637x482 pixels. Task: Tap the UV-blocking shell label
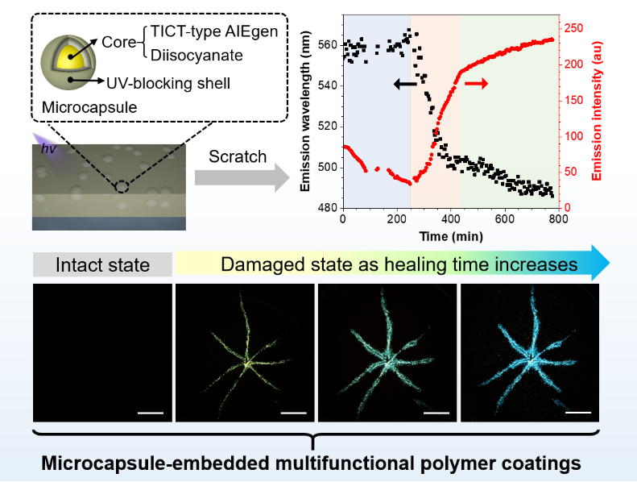[x=168, y=82]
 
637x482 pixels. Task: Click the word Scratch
[x=238, y=156]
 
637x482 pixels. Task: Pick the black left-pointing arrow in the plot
[x=405, y=83]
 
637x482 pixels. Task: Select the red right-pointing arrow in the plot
[x=477, y=84]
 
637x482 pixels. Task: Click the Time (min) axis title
[x=451, y=238]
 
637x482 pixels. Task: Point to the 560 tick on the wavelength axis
[x=328, y=45]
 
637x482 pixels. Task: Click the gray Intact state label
[x=102, y=264]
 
